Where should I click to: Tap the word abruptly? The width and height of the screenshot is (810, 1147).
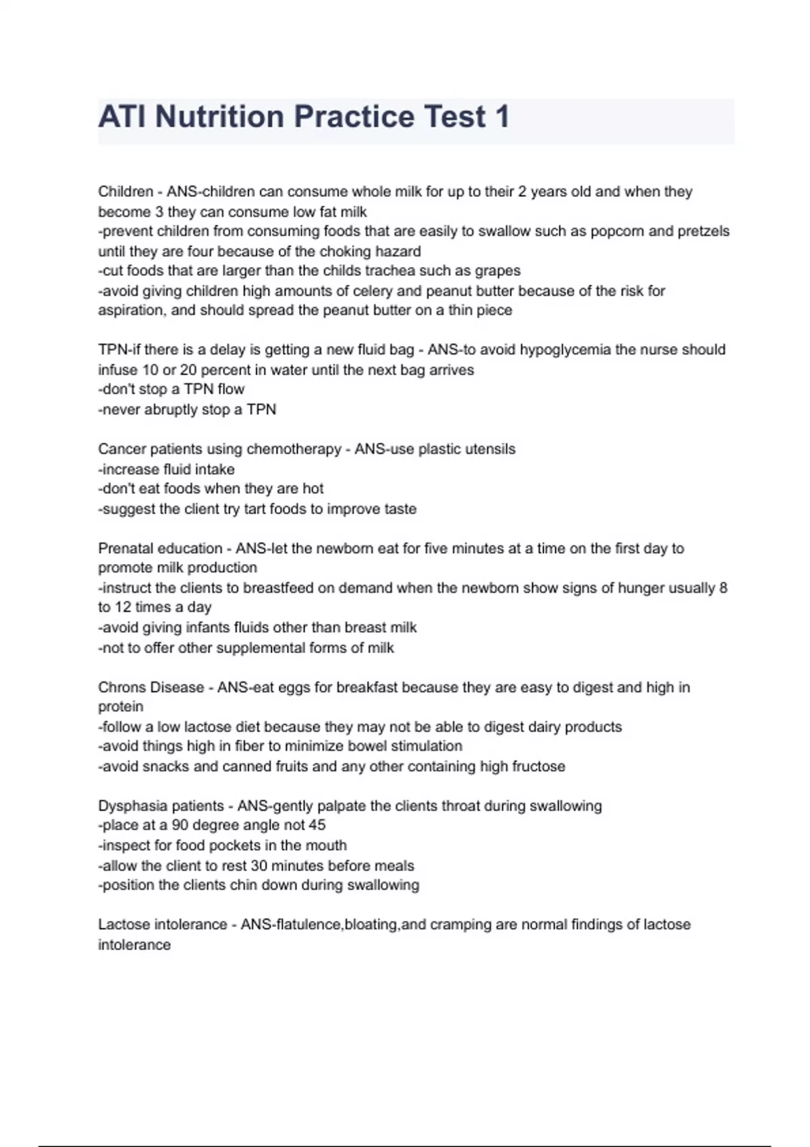coord(166,410)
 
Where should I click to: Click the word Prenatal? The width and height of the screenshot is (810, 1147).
coord(126,549)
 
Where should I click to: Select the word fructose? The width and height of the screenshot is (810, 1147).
coord(538,766)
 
